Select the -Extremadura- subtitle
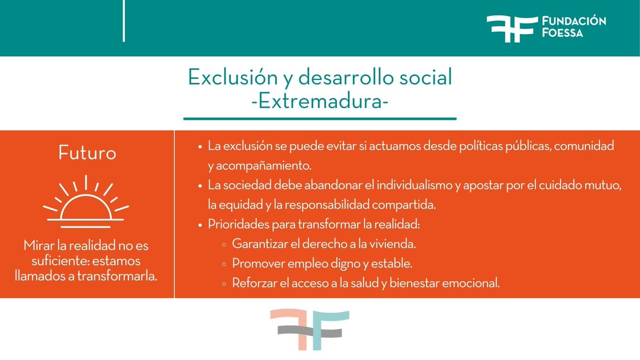coord(320,101)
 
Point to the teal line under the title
coord(320,118)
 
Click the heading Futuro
coord(87,154)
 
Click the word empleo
coord(293,263)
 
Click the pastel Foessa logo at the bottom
coord(309,330)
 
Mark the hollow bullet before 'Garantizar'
coord(223,244)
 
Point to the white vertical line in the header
coord(124,21)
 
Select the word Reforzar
coord(252,283)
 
